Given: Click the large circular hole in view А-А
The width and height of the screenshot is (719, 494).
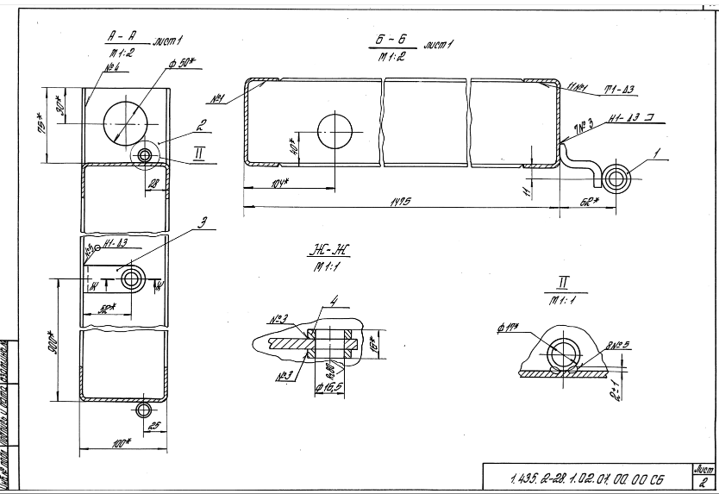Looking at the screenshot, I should (128, 122).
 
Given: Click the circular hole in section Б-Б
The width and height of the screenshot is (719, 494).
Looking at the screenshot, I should (334, 132).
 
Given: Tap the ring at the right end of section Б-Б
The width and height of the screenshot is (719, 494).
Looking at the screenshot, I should (617, 178).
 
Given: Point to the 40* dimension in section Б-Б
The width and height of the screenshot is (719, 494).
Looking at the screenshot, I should (293, 147).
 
